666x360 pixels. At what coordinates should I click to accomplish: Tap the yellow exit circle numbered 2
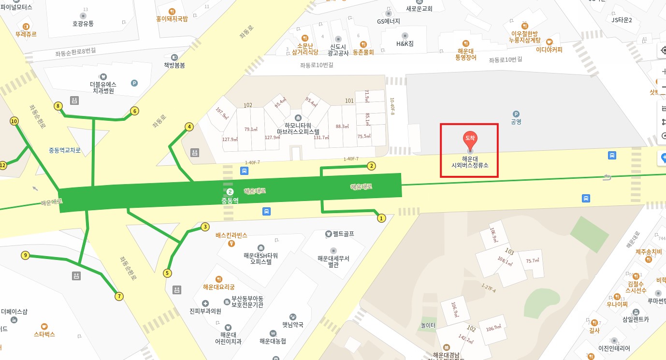pos(371,166)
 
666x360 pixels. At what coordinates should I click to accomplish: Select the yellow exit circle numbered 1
pos(381,218)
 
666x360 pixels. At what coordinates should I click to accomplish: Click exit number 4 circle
pos(189,127)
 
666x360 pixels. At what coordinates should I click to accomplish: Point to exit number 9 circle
pos(26,256)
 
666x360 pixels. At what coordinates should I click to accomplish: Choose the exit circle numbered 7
pos(119,296)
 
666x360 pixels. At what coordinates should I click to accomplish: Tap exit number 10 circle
pos(14,121)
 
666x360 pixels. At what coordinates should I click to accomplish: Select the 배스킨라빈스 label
pos(232,235)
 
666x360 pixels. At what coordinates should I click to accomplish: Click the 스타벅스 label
pos(44,334)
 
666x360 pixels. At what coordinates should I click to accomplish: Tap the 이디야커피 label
pos(549,49)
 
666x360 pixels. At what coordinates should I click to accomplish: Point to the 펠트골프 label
pos(343,234)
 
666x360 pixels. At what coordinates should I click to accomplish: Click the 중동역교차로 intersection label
pos(65,150)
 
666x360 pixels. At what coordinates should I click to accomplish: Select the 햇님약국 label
pos(293,325)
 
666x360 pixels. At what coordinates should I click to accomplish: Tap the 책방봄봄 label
pos(174,65)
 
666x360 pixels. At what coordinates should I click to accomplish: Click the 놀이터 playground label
pos(428,326)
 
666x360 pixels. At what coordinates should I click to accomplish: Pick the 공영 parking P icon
pos(516,114)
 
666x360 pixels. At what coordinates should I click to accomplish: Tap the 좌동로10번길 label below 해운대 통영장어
pos(506,60)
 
